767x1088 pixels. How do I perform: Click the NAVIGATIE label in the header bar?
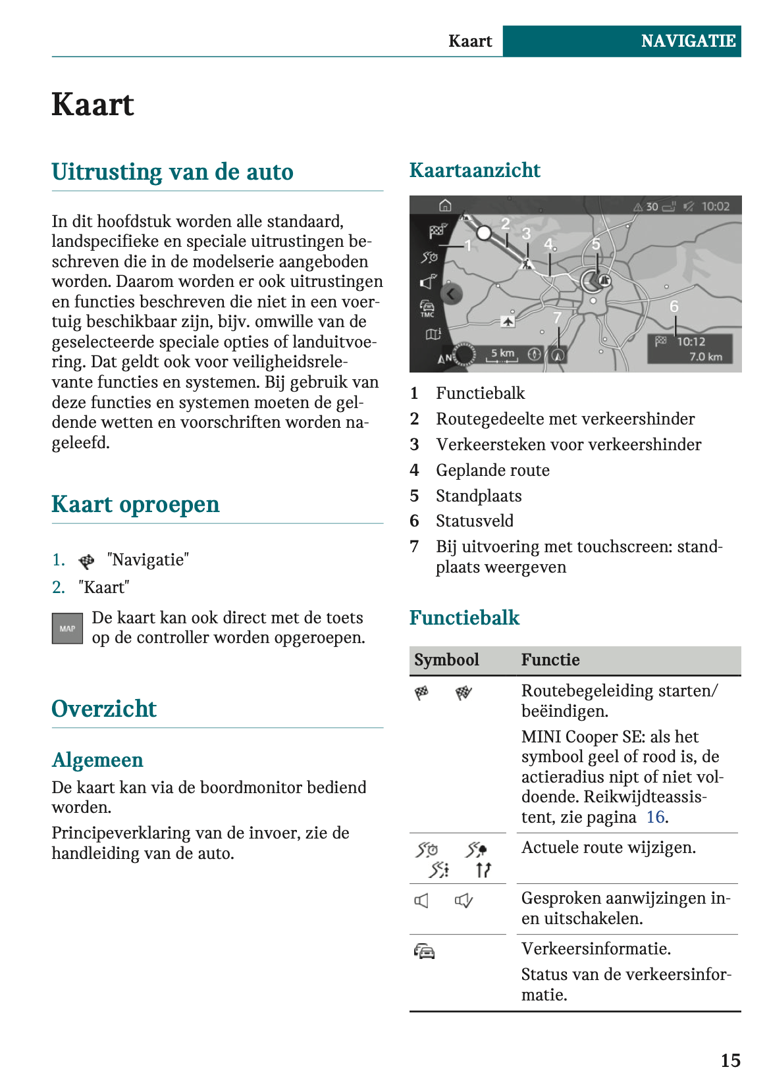(687, 41)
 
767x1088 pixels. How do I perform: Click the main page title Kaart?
(93, 105)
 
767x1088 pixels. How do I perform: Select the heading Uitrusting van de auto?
(172, 172)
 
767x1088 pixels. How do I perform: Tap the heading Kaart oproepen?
(136, 504)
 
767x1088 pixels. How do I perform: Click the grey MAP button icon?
(67, 629)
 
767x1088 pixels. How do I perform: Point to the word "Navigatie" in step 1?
(148, 560)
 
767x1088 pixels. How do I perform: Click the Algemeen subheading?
(97, 760)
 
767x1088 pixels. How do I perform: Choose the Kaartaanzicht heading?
(475, 170)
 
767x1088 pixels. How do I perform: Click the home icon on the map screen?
(446, 206)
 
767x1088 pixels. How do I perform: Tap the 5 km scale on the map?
(503, 353)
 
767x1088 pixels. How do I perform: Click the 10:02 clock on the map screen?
(715, 207)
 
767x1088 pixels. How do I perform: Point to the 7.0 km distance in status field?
(706, 357)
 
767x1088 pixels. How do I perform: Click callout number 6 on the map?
(674, 307)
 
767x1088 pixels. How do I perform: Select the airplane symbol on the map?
(508, 321)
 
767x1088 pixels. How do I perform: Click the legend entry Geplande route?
(492, 471)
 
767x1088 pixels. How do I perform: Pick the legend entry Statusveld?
(475, 521)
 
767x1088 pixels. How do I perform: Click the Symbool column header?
(446, 660)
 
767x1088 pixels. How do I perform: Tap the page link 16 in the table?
(656, 817)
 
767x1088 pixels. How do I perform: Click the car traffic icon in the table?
(425, 951)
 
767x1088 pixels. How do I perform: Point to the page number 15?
(730, 1060)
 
